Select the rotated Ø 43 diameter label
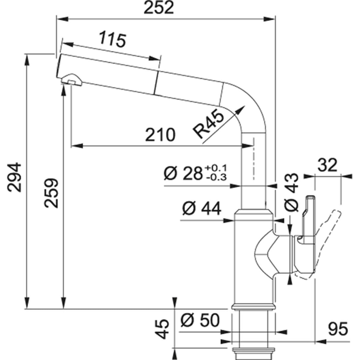click(x=292, y=192)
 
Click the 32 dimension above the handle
click(x=327, y=165)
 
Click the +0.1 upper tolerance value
click(x=216, y=168)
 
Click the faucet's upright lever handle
click(x=308, y=216)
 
